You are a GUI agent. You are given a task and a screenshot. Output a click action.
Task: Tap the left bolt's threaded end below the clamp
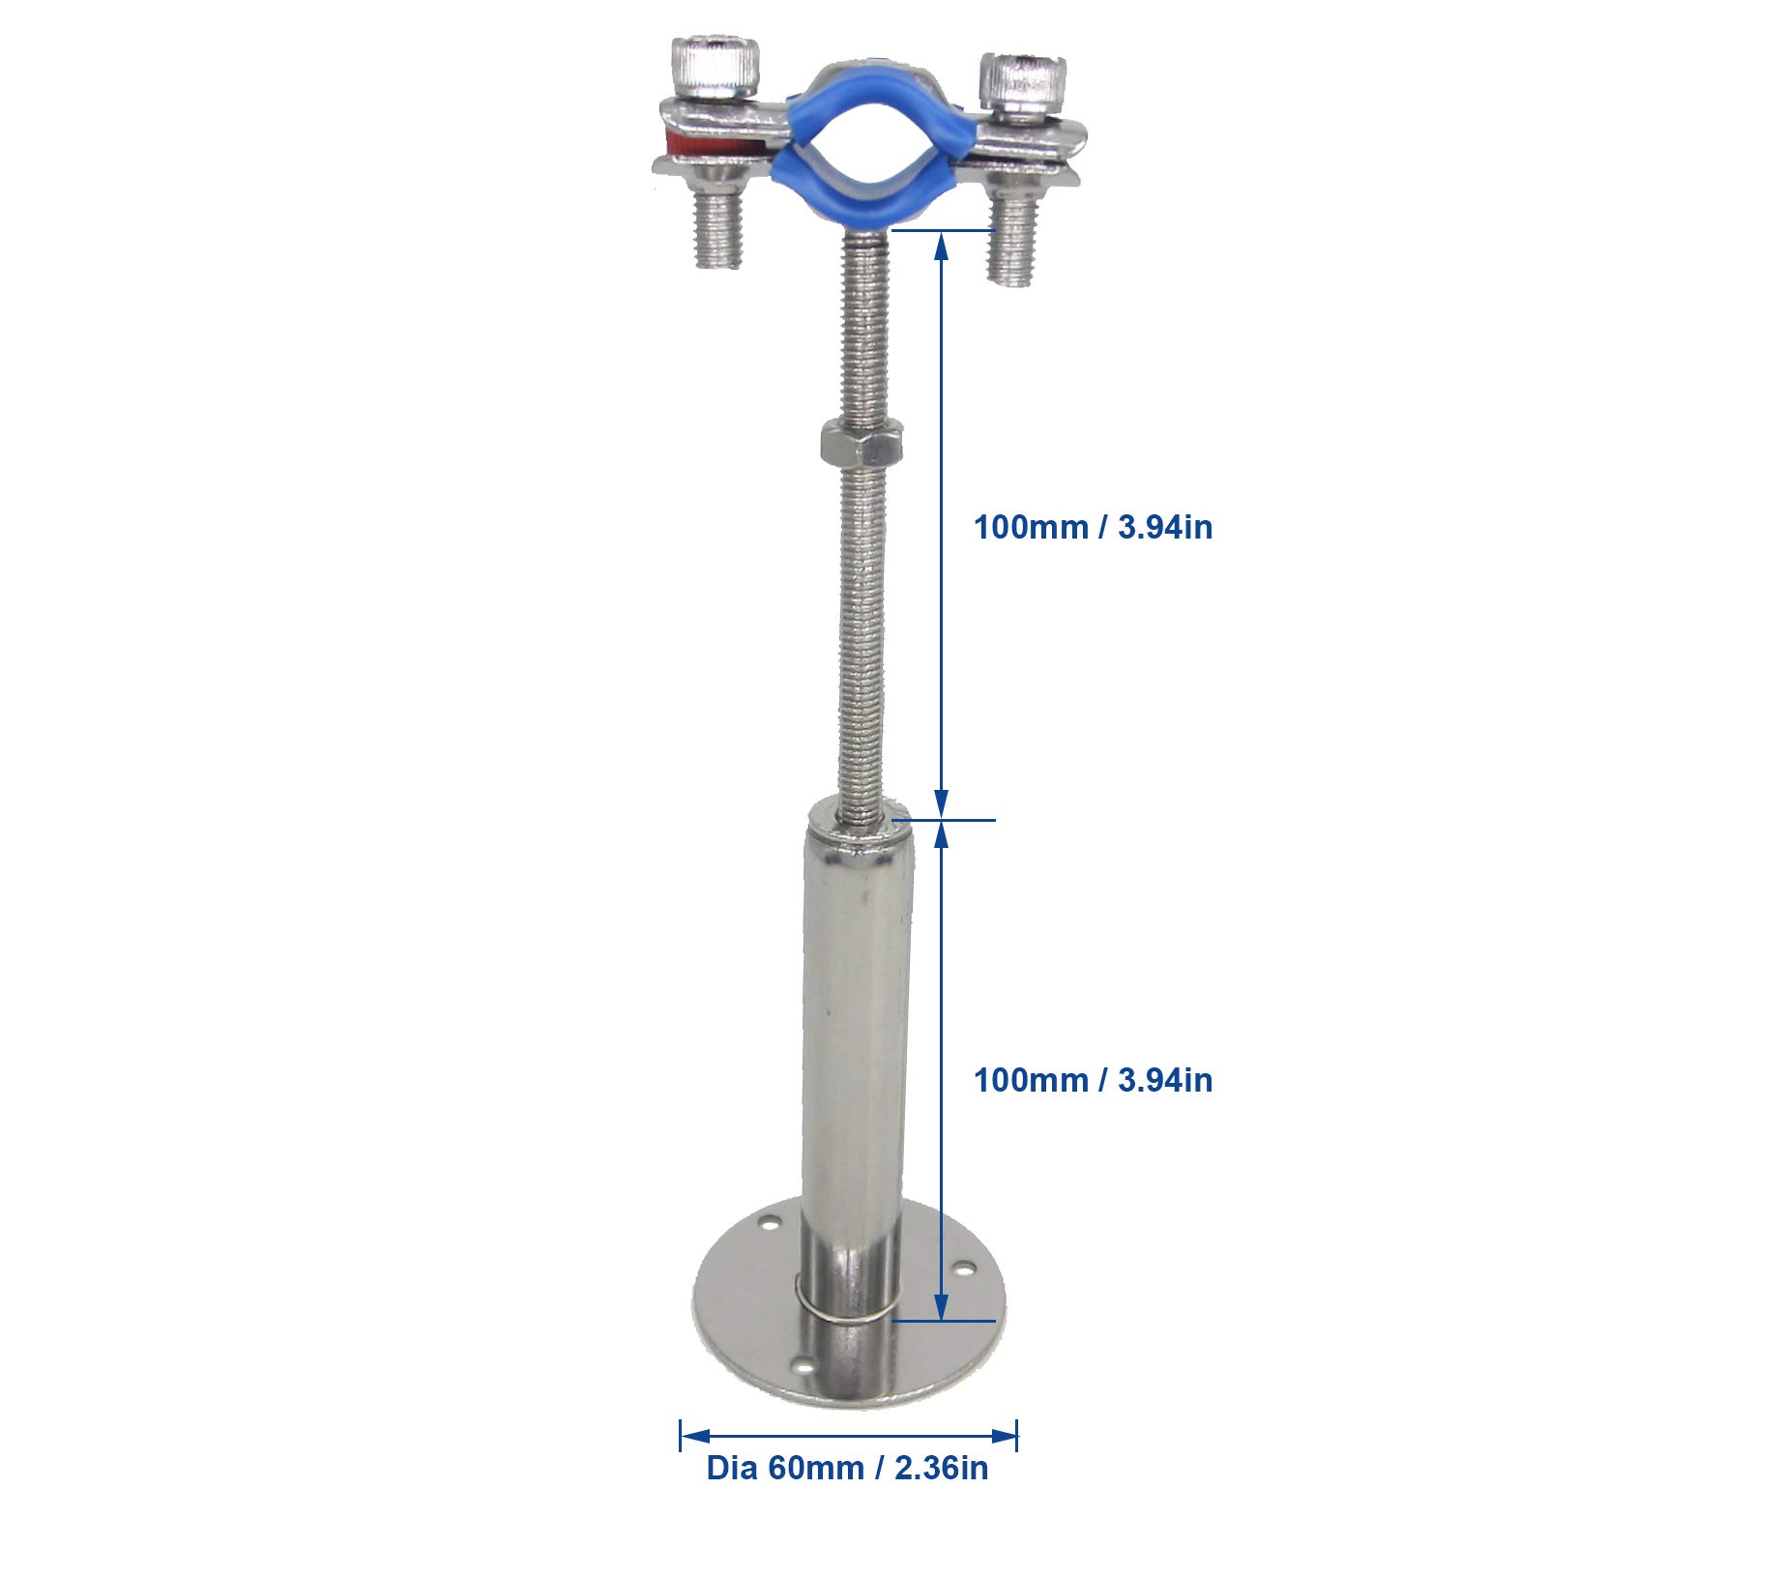click(x=716, y=230)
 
